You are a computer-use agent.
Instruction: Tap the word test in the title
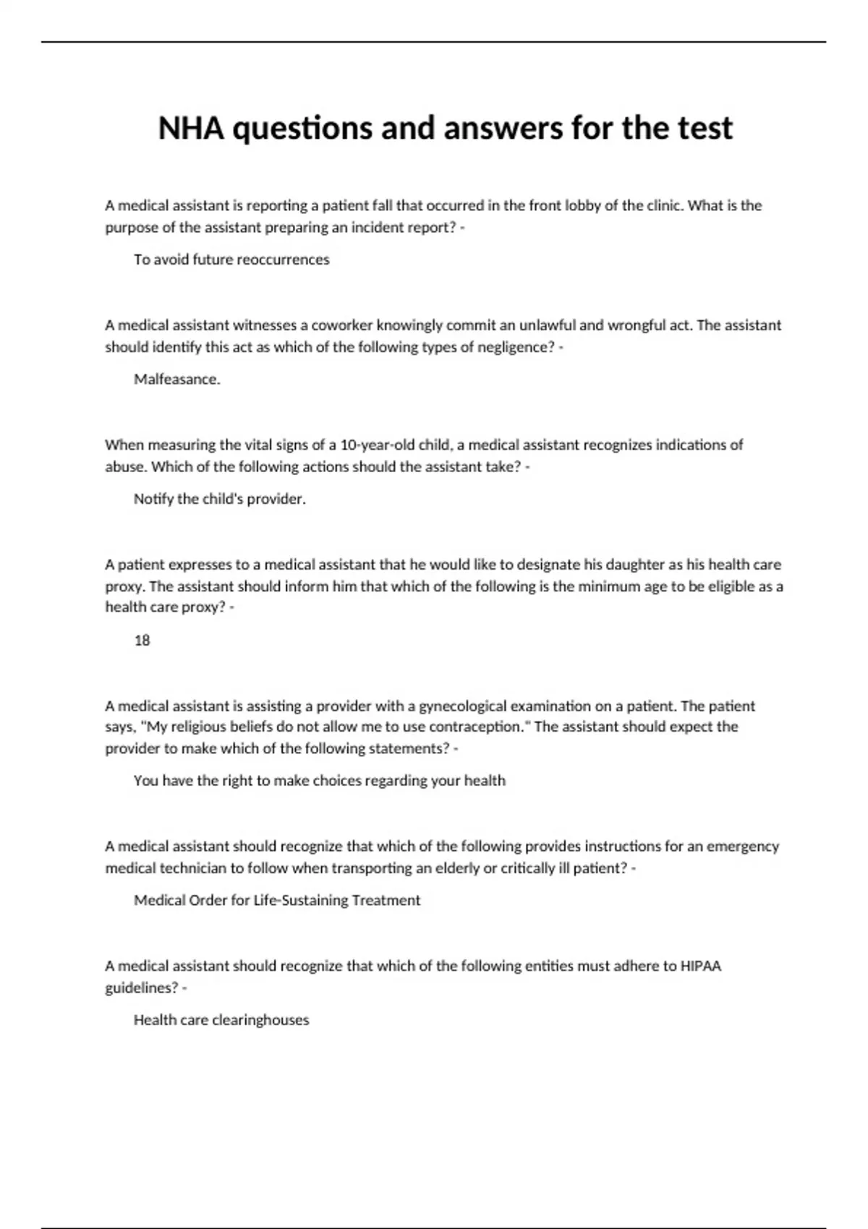coord(705,129)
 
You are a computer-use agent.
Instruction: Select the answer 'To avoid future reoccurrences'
coord(231,260)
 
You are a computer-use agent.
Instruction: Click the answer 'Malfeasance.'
coord(177,379)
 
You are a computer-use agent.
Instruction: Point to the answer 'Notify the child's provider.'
coord(220,499)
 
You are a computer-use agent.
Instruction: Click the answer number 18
coord(142,640)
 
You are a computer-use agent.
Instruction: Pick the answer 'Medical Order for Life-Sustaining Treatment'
coord(277,900)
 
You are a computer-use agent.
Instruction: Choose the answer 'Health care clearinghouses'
coord(221,1019)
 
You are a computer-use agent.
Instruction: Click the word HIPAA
coord(701,966)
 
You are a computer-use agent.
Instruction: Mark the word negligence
coord(514,347)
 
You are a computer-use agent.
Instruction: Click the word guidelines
coord(141,988)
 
